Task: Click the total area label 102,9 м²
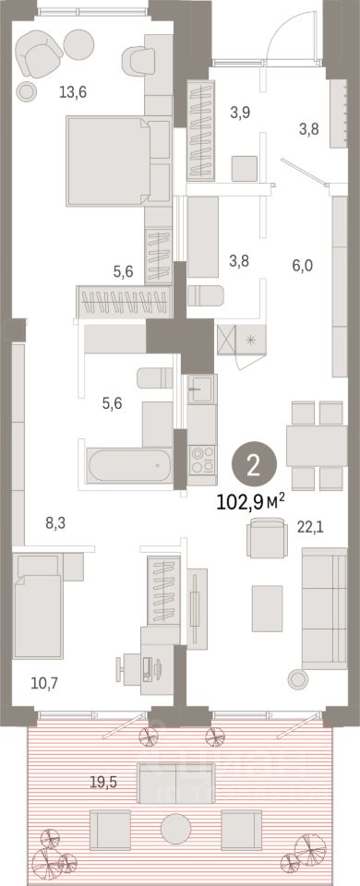[x=250, y=501]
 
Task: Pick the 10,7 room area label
[x=44, y=683]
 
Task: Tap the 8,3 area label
[x=55, y=523]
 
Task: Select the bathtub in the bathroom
[x=129, y=465]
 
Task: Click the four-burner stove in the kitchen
[x=202, y=459]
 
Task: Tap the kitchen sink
[x=201, y=389]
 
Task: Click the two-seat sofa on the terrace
[x=175, y=784]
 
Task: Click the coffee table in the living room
[x=267, y=608]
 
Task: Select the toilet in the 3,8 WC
[x=206, y=295]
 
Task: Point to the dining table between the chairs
[x=317, y=446]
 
